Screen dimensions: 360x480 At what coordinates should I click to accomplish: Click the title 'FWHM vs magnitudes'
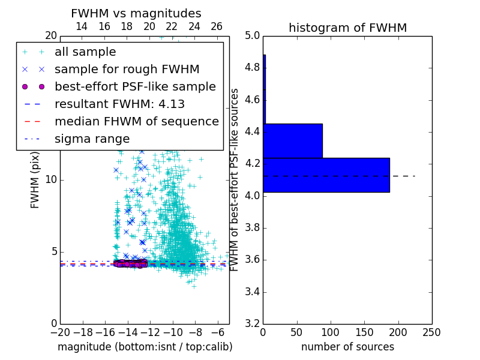coord(136,13)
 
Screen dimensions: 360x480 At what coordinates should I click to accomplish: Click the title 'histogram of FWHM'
coord(347,28)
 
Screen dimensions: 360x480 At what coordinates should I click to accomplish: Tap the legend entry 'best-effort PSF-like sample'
coord(135,87)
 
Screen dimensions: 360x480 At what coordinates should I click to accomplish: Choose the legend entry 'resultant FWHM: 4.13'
coord(119,104)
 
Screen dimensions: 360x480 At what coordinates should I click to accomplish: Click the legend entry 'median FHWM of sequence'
coord(136,122)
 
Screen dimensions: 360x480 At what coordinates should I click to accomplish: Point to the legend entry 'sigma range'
coord(92,139)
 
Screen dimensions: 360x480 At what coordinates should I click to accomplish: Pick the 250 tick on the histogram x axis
coord(431,332)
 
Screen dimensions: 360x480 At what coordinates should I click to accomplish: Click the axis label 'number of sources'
coord(347,347)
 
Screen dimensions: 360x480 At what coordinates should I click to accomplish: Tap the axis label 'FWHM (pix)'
coord(35,180)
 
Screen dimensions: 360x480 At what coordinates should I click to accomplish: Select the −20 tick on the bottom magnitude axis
coord(59,332)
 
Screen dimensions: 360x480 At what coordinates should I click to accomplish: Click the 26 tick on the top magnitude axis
coord(217,26)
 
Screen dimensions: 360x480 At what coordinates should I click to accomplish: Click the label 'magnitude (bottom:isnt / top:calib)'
coord(145,347)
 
